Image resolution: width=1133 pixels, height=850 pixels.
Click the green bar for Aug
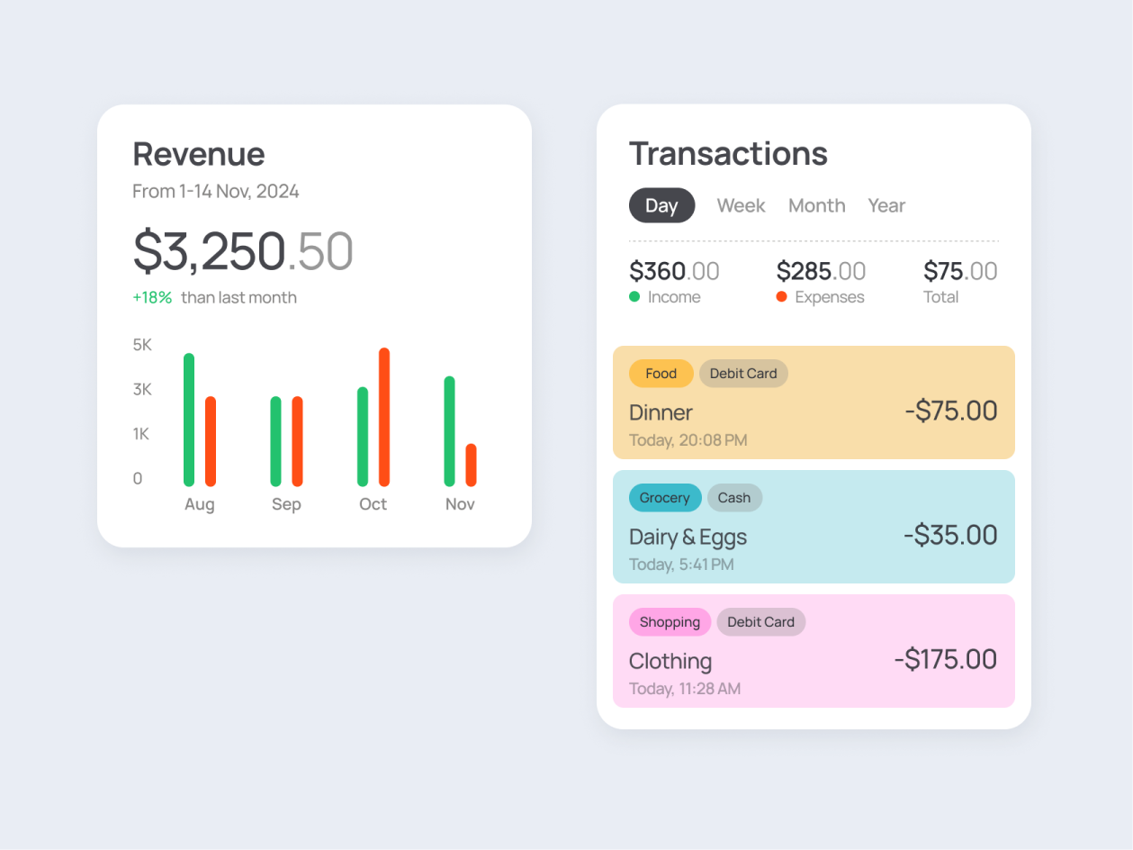pyautogui.click(x=189, y=420)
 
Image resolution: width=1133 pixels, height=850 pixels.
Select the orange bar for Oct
pyautogui.click(x=384, y=417)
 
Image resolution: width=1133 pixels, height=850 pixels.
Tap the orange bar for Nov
pyautogui.click(x=471, y=465)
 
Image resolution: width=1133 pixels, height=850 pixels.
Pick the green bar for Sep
pyautogui.click(x=276, y=441)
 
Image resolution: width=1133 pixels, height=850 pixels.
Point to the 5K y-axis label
pyautogui.click(x=142, y=345)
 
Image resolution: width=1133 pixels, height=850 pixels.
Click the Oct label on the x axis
pyautogui.click(x=373, y=504)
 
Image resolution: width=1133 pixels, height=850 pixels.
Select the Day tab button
pyautogui.click(x=661, y=205)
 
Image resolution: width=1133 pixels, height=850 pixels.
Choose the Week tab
pyautogui.click(x=741, y=205)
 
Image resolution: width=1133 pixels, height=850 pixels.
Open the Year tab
pyautogui.click(x=886, y=205)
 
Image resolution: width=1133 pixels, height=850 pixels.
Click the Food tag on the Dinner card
pyautogui.click(x=661, y=374)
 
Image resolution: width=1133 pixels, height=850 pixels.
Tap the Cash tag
pyautogui.click(x=734, y=498)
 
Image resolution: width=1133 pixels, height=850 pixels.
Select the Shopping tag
pyautogui.click(x=670, y=622)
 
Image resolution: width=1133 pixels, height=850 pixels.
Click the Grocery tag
pyautogui.click(x=665, y=498)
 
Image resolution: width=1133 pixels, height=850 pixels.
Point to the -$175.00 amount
pyautogui.click(x=945, y=659)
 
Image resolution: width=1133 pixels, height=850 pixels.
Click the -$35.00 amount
pyautogui.click(x=950, y=535)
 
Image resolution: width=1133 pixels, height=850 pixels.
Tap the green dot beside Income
pyautogui.click(x=634, y=296)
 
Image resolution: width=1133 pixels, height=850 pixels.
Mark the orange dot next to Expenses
pyautogui.click(x=781, y=296)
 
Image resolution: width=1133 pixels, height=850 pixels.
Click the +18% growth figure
pyautogui.click(x=152, y=297)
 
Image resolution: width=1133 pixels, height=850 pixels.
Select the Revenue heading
pyautogui.click(x=199, y=154)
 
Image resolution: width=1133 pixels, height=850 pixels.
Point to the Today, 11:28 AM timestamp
pyautogui.click(x=685, y=689)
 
